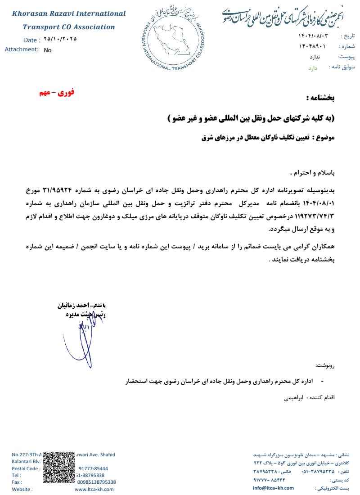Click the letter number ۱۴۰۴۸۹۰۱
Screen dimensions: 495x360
tap(312, 46)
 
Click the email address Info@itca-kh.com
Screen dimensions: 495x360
tap(273, 488)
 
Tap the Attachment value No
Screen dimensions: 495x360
tap(48, 50)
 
